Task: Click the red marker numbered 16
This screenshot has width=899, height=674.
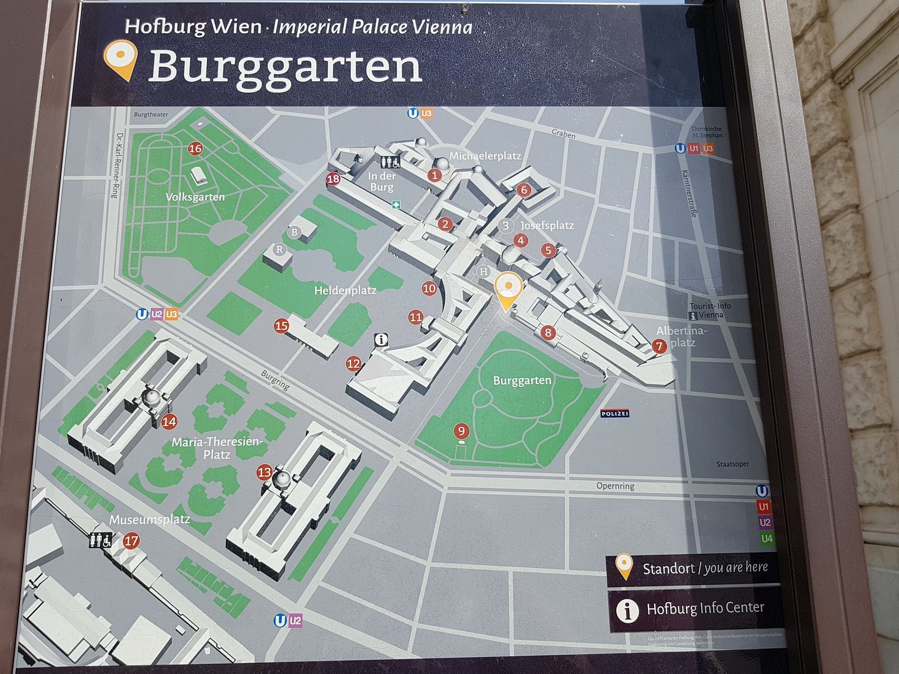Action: pyautogui.click(x=195, y=149)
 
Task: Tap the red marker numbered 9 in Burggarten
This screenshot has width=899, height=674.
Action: pyautogui.click(x=461, y=431)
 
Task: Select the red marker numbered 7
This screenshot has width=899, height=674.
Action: pyautogui.click(x=659, y=346)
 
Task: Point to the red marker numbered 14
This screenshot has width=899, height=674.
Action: pyautogui.click(x=169, y=421)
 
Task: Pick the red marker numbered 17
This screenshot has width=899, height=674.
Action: pyautogui.click(x=131, y=541)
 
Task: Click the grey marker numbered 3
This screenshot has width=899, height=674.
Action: pyautogui.click(x=506, y=226)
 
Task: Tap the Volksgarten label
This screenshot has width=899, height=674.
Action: pyautogui.click(x=195, y=197)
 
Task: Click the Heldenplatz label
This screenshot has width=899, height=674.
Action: pyautogui.click(x=345, y=290)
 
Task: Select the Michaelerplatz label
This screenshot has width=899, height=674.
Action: pyautogui.click(x=485, y=156)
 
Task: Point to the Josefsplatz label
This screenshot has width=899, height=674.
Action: pyautogui.click(x=547, y=225)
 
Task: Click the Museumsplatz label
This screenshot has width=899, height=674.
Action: pyautogui.click(x=149, y=520)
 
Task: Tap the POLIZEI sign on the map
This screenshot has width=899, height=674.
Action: pyautogui.click(x=615, y=414)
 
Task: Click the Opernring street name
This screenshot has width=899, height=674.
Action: pyautogui.click(x=615, y=486)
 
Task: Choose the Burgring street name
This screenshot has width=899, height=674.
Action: pyautogui.click(x=275, y=380)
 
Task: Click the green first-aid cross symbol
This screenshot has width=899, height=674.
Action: pyautogui.click(x=396, y=205)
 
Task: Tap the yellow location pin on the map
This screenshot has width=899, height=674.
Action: pyautogui.click(x=508, y=289)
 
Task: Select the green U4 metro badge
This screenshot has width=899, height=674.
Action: pyautogui.click(x=766, y=539)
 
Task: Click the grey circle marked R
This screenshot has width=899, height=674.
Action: pyautogui.click(x=279, y=249)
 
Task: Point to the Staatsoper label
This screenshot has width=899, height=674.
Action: pyautogui.click(x=732, y=464)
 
